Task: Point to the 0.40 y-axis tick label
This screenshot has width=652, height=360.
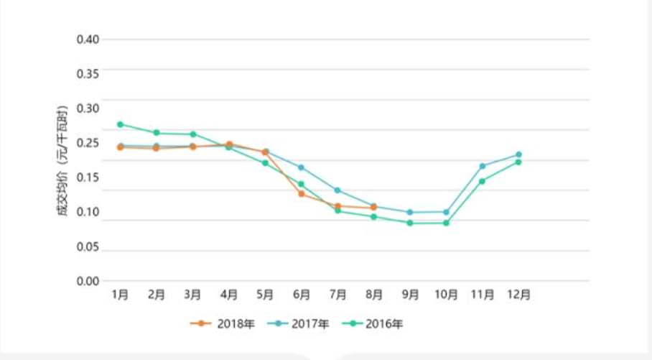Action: click(88, 39)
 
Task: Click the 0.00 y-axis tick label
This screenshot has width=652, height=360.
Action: click(88, 281)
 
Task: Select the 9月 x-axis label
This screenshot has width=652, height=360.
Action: click(410, 295)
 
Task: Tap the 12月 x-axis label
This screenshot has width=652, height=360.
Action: click(518, 295)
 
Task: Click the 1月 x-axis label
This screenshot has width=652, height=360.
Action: click(120, 295)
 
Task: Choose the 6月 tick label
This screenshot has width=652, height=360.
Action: click(302, 295)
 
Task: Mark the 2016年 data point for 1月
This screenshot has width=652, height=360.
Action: click(120, 124)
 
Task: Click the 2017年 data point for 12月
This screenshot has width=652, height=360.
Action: click(518, 154)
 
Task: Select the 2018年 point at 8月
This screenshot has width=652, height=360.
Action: click(373, 208)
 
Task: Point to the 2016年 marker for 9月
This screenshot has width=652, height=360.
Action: click(410, 223)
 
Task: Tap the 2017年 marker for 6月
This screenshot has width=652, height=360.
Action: click(302, 167)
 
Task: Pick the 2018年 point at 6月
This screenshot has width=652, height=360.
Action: click(302, 194)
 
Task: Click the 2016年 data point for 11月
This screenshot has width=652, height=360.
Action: click(482, 181)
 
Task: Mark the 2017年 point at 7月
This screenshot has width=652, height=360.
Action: click(337, 190)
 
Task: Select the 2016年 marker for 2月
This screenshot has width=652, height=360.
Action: click(156, 133)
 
